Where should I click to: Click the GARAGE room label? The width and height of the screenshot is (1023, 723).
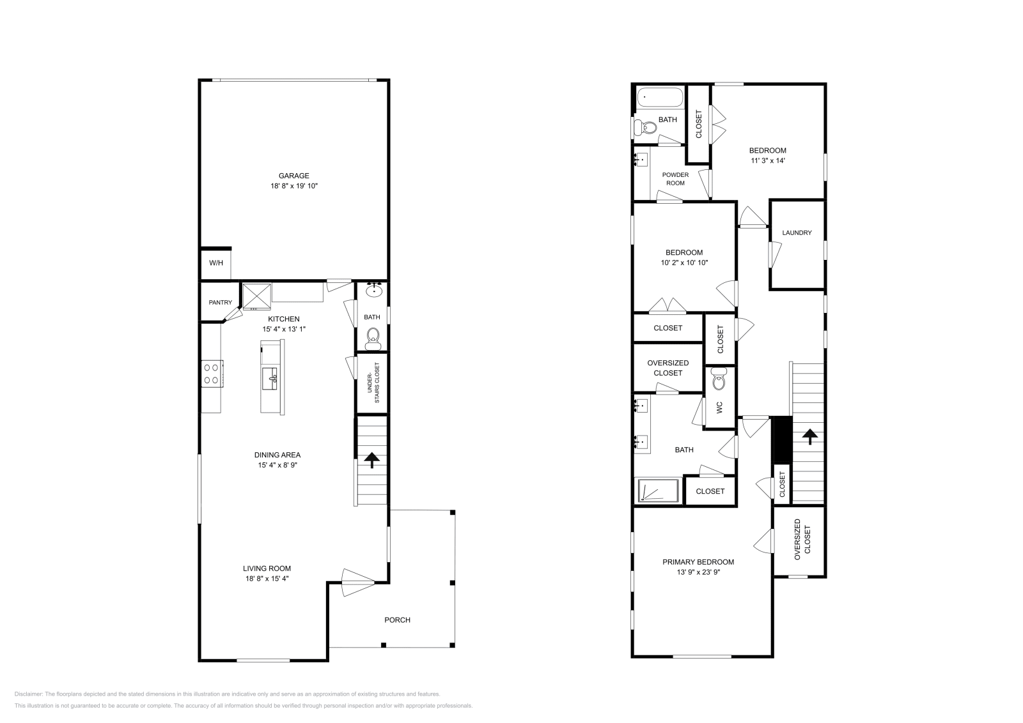pyautogui.click(x=293, y=176)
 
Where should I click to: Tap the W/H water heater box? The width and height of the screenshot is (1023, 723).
pyautogui.click(x=216, y=263)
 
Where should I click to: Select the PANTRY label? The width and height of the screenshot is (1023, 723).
pyautogui.click(x=220, y=303)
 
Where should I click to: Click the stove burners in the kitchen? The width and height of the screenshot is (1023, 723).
pyautogui.click(x=212, y=373)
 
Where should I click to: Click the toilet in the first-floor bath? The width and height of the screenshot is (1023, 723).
pyautogui.click(x=373, y=336)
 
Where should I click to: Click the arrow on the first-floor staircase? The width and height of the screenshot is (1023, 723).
pyautogui.click(x=371, y=460)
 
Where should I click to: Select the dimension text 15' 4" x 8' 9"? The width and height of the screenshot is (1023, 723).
pyautogui.click(x=277, y=466)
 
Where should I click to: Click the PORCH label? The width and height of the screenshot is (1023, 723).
pyautogui.click(x=397, y=620)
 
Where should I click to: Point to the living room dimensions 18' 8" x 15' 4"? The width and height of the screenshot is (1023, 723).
pyautogui.click(x=267, y=579)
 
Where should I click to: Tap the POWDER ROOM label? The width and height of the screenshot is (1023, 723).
pyautogui.click(x=675, y=179)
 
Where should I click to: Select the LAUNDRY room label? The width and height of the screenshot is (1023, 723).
pyautogui.click(x=797, y=232)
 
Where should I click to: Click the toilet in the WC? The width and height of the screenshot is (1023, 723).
pyautogui.click(x=719, y=381)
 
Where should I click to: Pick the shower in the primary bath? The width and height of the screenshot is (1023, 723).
pyautogui.click(x=657, y=491)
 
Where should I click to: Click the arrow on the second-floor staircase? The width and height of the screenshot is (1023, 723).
pyautogui.click(x=809, y=438)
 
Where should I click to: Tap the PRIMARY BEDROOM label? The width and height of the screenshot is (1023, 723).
pyautogui.click(x=698, y=562)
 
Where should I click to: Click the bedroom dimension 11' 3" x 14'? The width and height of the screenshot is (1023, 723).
pyautogui.click(x=767, y=161)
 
